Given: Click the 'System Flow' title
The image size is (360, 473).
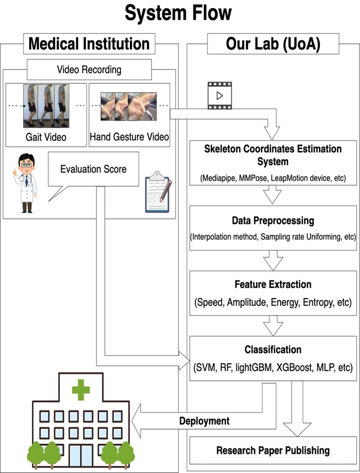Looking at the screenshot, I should [x=178, y=13].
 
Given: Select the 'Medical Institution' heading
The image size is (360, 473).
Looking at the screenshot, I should [x=89, y=44].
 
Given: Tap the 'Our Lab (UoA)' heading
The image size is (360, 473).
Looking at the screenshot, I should [x=273, y=44].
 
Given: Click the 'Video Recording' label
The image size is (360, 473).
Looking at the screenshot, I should [x=89, y=70].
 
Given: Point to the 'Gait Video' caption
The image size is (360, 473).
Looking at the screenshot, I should [x=46, y=137].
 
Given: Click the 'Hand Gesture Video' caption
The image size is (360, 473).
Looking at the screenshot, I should [x=129, y=137].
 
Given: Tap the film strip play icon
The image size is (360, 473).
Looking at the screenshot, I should [x=220, y=95].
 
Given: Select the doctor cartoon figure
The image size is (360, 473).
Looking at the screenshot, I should [x=25, y=182].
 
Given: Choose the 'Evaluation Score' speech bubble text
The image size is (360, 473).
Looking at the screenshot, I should [x=93, y=169].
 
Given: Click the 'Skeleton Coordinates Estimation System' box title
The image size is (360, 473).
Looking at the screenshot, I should [x=273, y=155].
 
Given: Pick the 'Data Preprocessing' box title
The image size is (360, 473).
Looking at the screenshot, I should [x=273, y=221].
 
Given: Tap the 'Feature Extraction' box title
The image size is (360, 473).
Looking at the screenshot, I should [x=273, y=284].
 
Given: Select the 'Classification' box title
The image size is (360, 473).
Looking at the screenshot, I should [x=273, y=349].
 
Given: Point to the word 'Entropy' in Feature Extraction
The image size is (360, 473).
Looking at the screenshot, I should [x=319, y=302].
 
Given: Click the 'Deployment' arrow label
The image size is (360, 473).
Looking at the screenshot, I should [x=204, y=421].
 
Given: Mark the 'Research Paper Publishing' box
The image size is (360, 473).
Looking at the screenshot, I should [x=273, y=450].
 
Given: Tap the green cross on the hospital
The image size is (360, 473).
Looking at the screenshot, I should [x=81, y=390].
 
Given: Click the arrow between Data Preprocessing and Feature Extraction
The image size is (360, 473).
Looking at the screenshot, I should [x=273, y=260].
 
